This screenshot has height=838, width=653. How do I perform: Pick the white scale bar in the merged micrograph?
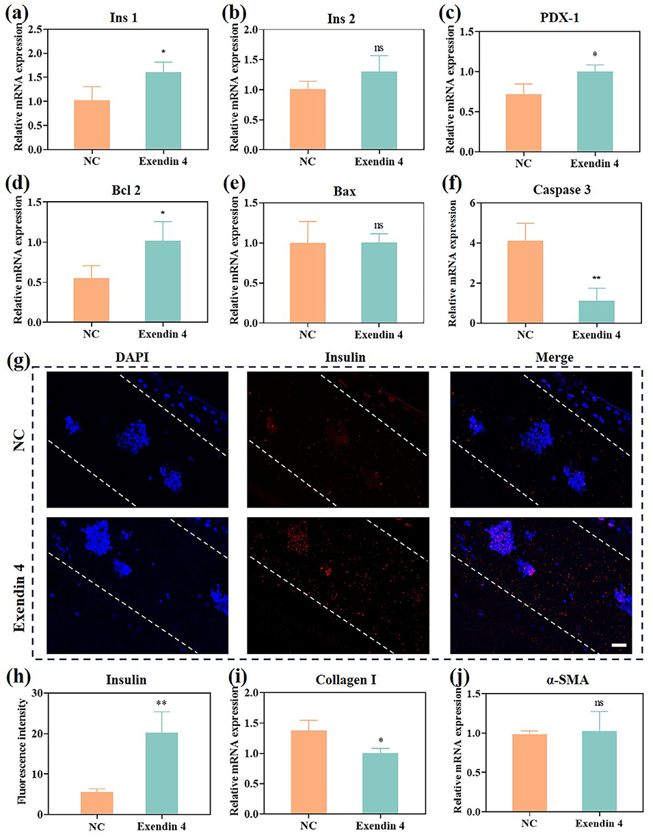(x=619, y=644)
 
